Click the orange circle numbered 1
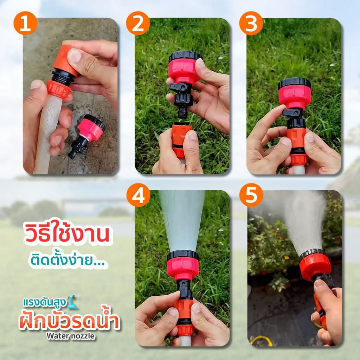[25, 23]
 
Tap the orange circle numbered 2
[138, 23]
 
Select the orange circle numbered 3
[251, 23]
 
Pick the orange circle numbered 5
[251, 195]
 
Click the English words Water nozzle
[70, 336]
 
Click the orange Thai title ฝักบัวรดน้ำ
[70, 320]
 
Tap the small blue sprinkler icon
[73, 302]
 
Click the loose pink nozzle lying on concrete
[87, 136]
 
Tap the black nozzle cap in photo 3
[294, 83]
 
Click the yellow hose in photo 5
[261, 341]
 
